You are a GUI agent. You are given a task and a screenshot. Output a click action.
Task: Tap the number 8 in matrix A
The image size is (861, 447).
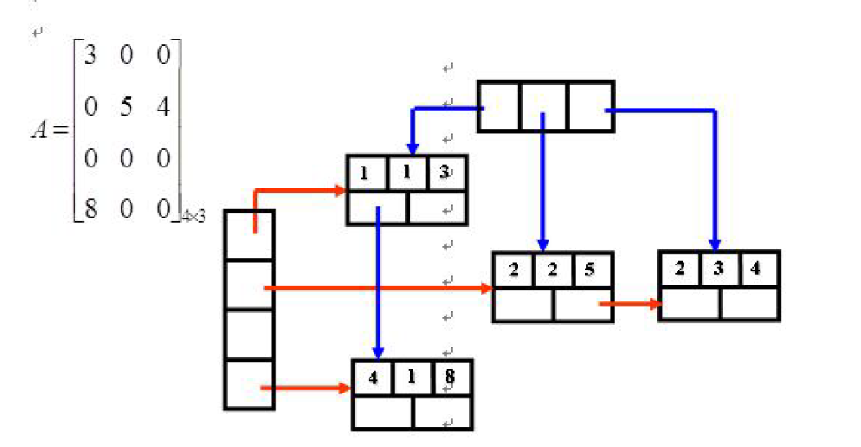tap(90, 208)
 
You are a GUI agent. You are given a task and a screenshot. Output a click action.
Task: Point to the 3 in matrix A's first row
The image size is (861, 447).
tap(90, 58)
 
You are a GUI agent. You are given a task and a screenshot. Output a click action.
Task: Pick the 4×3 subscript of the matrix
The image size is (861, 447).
tap(193, 217)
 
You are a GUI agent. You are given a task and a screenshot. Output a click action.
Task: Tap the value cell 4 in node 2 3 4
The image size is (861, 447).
tap(757, 270)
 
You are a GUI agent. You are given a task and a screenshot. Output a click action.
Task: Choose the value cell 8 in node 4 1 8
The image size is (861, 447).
tap(451, 378)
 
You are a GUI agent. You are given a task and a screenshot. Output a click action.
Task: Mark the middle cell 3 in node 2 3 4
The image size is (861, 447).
tap(718, 270)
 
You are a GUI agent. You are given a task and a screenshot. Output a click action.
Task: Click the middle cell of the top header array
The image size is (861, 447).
tap(544, 106)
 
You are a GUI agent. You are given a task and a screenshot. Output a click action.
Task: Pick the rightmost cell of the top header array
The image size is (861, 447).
tap(590, 106)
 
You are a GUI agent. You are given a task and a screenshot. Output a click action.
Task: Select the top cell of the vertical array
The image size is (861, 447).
tap(249, 235)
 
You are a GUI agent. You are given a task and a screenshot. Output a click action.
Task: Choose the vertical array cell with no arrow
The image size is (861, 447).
tap(249, 335)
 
